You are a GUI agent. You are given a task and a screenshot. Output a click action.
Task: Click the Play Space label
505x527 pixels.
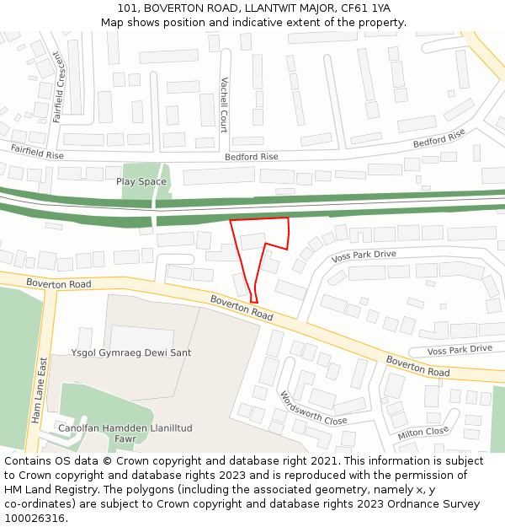pyautogui.click(x=141, y=181)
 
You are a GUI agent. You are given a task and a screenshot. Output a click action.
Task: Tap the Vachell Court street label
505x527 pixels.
pyautogui.click(x=224, y=105)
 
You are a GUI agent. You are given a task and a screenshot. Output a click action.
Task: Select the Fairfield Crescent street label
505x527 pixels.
pyautogui.click(x=58, y=87)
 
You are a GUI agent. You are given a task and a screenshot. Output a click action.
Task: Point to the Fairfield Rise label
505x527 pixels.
pyautogui.click(x=37, y=152)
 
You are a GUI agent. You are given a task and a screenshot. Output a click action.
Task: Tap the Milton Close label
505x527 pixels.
pyautogui.click(x=424, y=432)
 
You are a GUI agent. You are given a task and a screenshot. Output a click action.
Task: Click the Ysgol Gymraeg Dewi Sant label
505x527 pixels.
pyautogui.click(x=131, y=352)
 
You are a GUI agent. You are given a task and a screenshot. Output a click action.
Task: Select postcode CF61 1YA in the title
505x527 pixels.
pyautogui.click(x=365, y=8)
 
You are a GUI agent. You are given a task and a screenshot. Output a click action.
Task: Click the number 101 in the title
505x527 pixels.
pyautogui.click(x=128, y=8)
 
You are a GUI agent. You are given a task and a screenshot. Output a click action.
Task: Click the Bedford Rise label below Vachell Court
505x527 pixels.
pyautogui.click(x=251, y=157)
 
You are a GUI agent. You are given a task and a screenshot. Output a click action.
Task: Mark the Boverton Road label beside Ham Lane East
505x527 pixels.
pyautogui.click(x=58, y=284)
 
